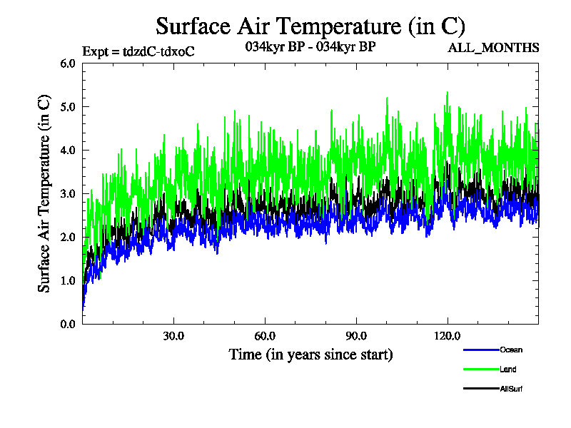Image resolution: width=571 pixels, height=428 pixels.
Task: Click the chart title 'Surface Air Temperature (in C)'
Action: (310, 26)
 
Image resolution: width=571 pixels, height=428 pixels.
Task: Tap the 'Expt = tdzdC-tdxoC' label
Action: (138, 51)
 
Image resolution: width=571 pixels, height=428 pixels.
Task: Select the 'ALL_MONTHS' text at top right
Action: (492, 48)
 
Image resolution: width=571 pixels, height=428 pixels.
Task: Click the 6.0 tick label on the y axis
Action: (68, 63)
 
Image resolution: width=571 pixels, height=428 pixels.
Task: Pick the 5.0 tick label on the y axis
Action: (68, 106)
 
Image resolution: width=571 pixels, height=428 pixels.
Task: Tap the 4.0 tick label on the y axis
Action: (68, 150)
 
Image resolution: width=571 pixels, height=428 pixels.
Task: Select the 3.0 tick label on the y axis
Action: (68, 193)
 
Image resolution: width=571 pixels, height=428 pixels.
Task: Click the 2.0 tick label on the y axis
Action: (68, 237)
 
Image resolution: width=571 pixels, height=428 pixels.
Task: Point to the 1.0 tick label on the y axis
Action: (68, 280)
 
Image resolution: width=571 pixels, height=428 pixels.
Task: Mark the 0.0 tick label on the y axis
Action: (68, 324)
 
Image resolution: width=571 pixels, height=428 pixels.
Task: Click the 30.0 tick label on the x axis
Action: (173, 336)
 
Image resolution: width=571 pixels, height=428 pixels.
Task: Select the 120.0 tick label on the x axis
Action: (448, 336)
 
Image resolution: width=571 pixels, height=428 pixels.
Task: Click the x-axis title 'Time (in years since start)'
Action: (310, 355)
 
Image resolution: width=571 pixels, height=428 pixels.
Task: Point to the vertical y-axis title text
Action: (44, 193)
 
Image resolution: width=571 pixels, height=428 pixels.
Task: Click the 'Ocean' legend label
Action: (511, 350)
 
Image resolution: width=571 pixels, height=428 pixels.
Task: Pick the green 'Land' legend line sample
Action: (480, 370)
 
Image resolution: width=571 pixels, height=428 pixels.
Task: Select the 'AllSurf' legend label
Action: (513, 389)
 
